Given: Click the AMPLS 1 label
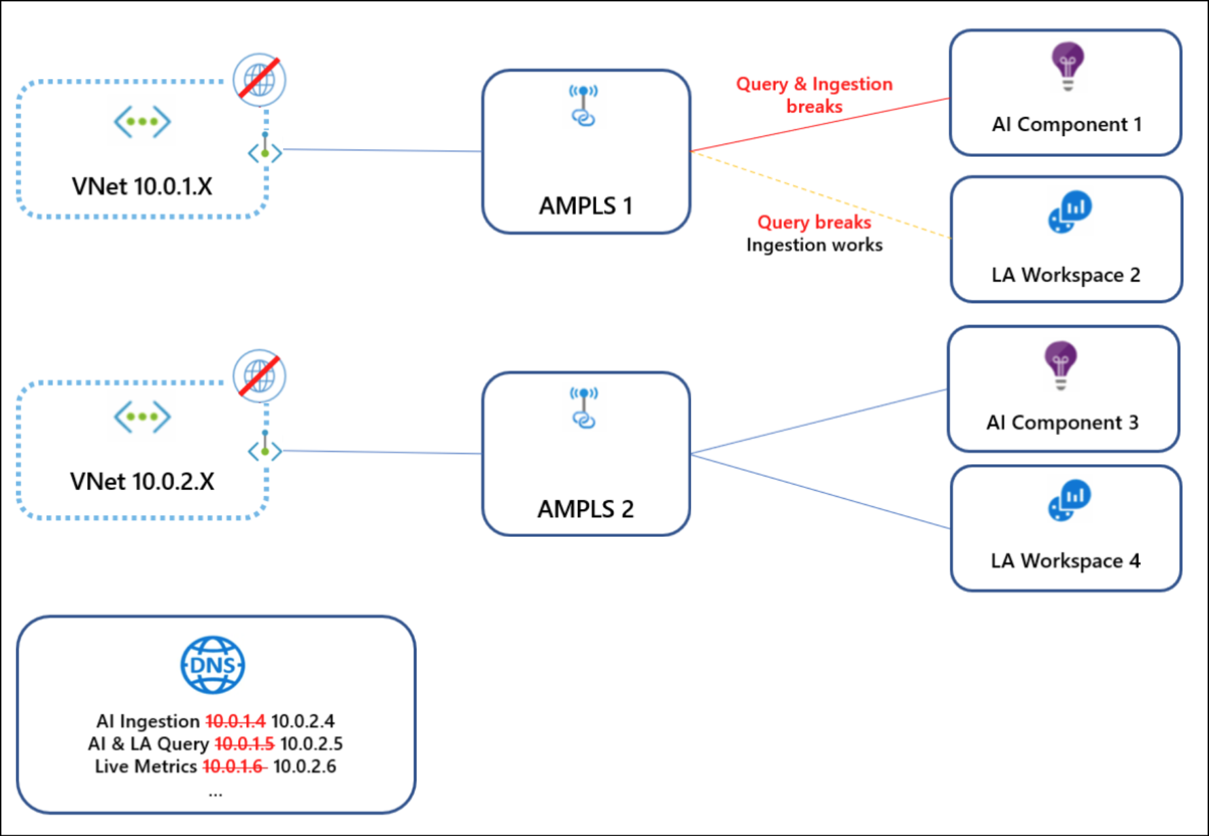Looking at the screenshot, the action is pos(585,205).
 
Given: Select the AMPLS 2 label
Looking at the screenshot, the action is pos(585,508).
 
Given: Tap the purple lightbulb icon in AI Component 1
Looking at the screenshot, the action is pos(1068,66).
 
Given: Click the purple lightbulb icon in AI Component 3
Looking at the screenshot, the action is pos(1061,365).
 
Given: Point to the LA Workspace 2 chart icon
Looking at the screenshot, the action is pos(1070,211).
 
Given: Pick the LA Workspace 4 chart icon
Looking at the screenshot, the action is pos(1070,500).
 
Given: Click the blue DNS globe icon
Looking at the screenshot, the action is pos(213,665).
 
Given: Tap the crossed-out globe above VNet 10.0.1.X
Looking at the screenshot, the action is pos(259,80).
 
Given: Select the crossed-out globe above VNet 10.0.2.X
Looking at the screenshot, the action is pos(259,376).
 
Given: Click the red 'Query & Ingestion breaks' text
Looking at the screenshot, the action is pos(814,95).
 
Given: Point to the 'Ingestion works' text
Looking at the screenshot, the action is pos(815,245).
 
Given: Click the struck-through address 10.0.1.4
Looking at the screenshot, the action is pos(235,720).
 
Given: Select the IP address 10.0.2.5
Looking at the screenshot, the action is pos(311,744).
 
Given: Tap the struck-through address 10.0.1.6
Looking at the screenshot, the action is pos(235,766).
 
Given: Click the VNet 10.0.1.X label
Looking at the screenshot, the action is pos(142,186).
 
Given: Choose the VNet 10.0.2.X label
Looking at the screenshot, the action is pos(142,481).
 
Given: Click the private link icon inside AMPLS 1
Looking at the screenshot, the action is pos(583,105).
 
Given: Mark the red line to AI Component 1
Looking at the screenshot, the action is pos(820,125).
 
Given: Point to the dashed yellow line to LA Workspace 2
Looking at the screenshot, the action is pos(821,194).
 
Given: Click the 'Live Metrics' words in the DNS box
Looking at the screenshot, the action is pos(146,766).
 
